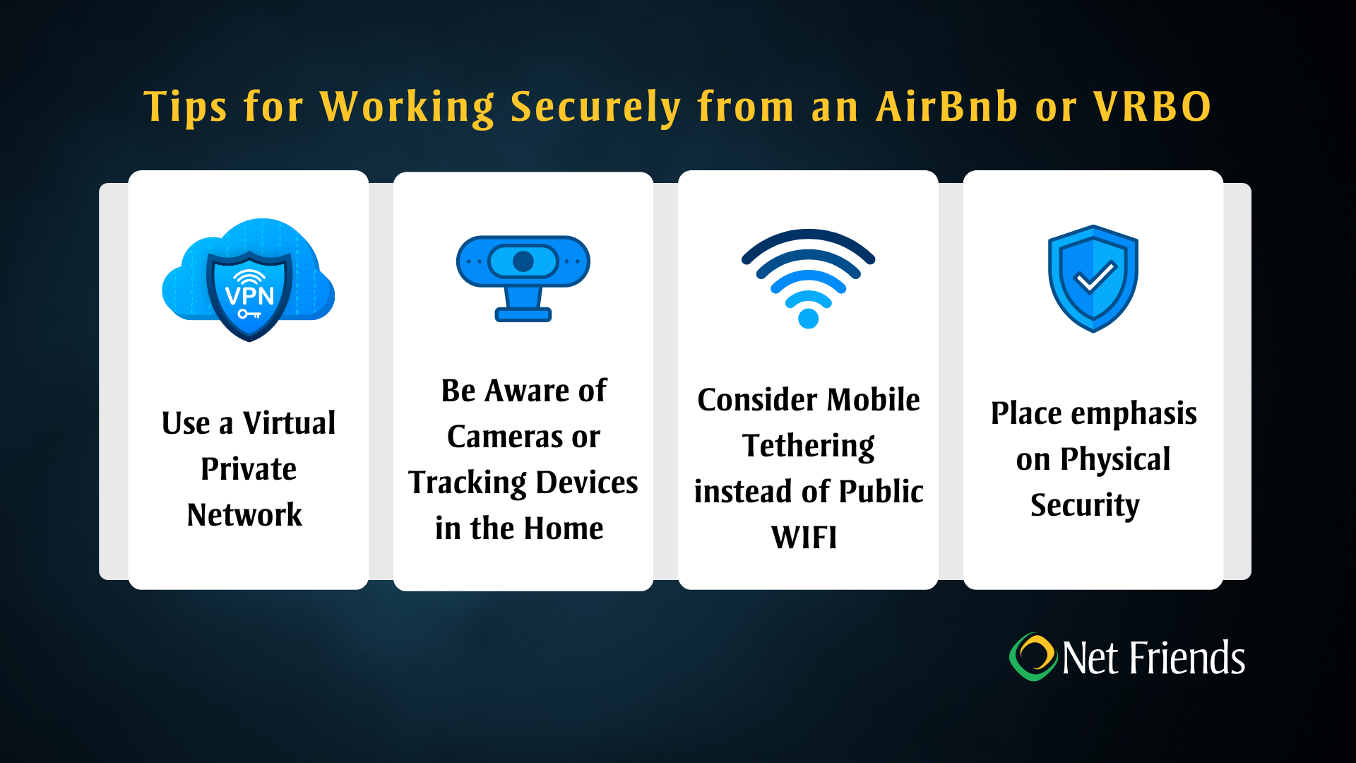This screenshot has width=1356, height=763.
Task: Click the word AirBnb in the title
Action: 946,107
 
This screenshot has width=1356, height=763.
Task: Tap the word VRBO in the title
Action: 1153,107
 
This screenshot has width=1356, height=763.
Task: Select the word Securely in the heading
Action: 595,108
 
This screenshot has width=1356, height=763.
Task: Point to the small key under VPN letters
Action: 249,314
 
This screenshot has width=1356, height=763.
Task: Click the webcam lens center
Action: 523,261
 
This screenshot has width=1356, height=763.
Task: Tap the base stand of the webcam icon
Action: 523,314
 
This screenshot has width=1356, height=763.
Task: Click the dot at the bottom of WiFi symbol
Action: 808,319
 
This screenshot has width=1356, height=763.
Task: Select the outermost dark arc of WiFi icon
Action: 808,237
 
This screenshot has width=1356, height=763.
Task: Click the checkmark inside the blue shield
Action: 1093,277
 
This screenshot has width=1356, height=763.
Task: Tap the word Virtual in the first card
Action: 289,423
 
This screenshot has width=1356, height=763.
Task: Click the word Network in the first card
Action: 244,515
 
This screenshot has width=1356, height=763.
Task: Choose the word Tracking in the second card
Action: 468,483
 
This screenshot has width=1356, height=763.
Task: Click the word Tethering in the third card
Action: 808,446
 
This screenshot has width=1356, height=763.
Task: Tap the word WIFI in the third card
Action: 804,538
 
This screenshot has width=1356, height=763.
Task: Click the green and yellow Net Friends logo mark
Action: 1033,657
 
